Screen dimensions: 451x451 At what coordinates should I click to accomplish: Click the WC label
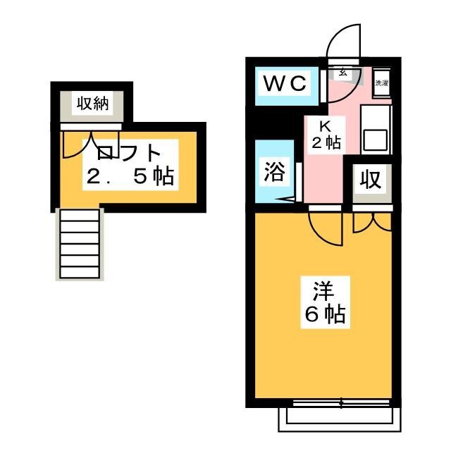coord(285,84)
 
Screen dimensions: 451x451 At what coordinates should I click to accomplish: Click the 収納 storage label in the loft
coord(92,104)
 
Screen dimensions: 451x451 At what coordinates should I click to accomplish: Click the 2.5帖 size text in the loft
coord(130,176)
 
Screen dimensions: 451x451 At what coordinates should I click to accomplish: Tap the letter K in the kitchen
coord(326,127)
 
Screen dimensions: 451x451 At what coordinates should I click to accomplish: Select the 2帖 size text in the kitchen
coord(326,142)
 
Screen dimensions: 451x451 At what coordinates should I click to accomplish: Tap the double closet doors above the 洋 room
coord(371,220)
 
